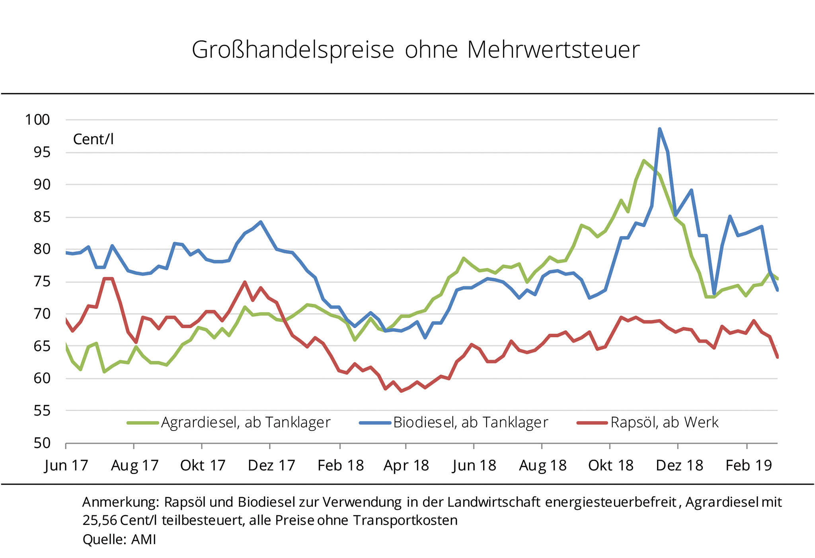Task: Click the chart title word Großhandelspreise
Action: pyautogui.click(x=293, y=50)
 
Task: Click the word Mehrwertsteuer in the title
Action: pyautogui.click(x=553, y=50)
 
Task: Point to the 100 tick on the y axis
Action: pyautogui.click(x=38, y=119)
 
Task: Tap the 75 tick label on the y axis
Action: pyautogui.click(x=42, y=282)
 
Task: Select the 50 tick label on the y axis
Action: pyautogui.click(x=42, y=443)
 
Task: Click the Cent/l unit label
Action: pyautogui.click(x=94, y=139)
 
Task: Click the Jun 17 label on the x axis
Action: pyautogui.click(x=66, y=465)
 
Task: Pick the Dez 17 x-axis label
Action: pyautogui.click(x=271, y=465)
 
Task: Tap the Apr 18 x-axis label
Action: pyautogui.click(x=406, y=465)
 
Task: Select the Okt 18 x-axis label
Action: pyautogui.click(x=610, y=465)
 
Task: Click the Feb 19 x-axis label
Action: pyautogui.click(x=749, y=465)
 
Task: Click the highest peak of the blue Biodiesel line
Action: pyautogui.click(x=659, y=129)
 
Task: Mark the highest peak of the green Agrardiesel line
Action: pyautogui.click(x=643, y=161)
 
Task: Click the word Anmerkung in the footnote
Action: pyautogui.click(x=120, y=503)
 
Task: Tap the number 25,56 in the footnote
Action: pyautogui.click(x=99, y=521)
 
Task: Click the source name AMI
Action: pyautogui.click(x=144, y=539)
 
